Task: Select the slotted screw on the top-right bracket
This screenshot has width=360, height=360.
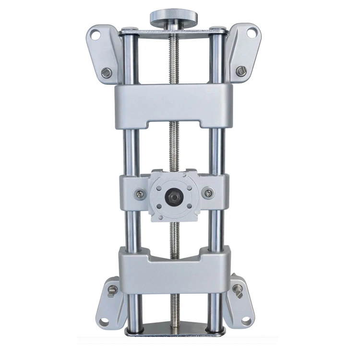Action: coord(241,71)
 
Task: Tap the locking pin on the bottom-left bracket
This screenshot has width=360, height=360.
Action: coord(111,291)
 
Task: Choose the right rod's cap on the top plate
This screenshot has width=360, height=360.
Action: coord(218,30)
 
